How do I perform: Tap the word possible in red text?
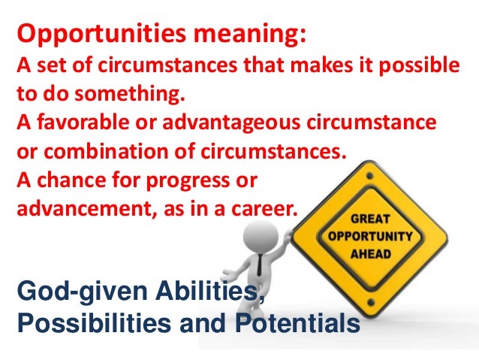tap(421, 71)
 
